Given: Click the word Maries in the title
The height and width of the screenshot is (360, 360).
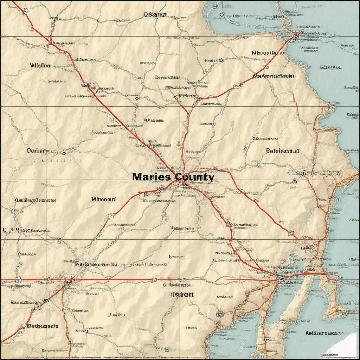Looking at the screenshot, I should pyautogui.click(x=151, y=177).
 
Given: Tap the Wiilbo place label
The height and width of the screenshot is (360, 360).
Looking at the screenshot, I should pyautogui.click(x=40, y=66).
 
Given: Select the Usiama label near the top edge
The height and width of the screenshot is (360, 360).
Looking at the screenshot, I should pyautogui.click(x=155, y=15).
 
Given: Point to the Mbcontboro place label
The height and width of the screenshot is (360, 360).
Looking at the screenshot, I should pyautogui.click(x=268, y=53).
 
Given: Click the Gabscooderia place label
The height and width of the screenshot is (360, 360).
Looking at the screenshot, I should pyautogui.click(x=273, y=76).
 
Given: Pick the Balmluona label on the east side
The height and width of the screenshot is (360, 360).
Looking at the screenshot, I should pyautogui.click(x=283, y=151).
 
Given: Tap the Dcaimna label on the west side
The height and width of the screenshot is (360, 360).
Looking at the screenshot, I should pyautogui.click(x=38, y=151).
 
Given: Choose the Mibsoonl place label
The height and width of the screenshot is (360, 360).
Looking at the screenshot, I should pyautogui.click(x=104, y=199).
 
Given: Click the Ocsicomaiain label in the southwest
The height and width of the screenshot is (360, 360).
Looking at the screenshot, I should pyautogui.click(x=43, y=326).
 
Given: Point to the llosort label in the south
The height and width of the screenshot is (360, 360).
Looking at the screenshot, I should pyautogui.click(x=182, y=295).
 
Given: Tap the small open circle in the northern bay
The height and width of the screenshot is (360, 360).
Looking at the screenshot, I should pyautogui.click(x=221, y=14).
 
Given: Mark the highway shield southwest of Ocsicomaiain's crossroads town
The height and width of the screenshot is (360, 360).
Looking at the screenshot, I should pyautogui.click(x=45, y=300).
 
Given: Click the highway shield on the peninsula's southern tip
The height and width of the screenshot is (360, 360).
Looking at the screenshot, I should pyautogui.click(x=268, y=340).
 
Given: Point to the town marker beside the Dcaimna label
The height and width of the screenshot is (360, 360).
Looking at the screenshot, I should pyautogui.click(x=64, y=152).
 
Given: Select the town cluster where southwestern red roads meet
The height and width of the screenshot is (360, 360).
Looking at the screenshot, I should pyautogui.click(x=67, y=281).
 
